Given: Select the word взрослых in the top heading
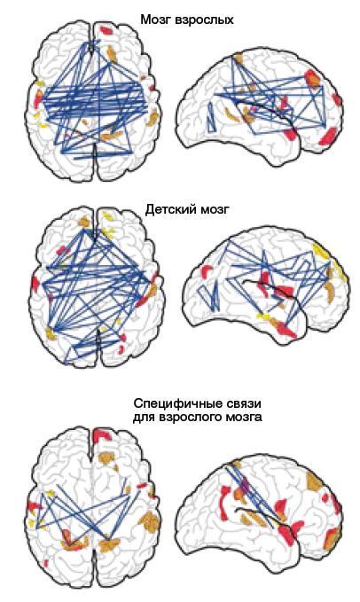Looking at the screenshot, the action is [x=203, y=20].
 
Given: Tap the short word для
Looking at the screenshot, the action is [x=144, y=418].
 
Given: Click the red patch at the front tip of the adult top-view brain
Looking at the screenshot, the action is [x=105, y=29].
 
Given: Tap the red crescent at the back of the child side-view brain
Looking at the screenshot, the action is [x=207, y=270].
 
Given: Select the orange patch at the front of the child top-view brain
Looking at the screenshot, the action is [x=84, y=222].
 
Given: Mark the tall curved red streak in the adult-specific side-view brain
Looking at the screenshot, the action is [x=223, y=500].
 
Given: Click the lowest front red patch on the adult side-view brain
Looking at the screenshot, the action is [x=327, y=137].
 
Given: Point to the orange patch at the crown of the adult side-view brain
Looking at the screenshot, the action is [x=239, y=59].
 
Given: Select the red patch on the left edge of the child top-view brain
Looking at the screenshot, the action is [x=35, y=284].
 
